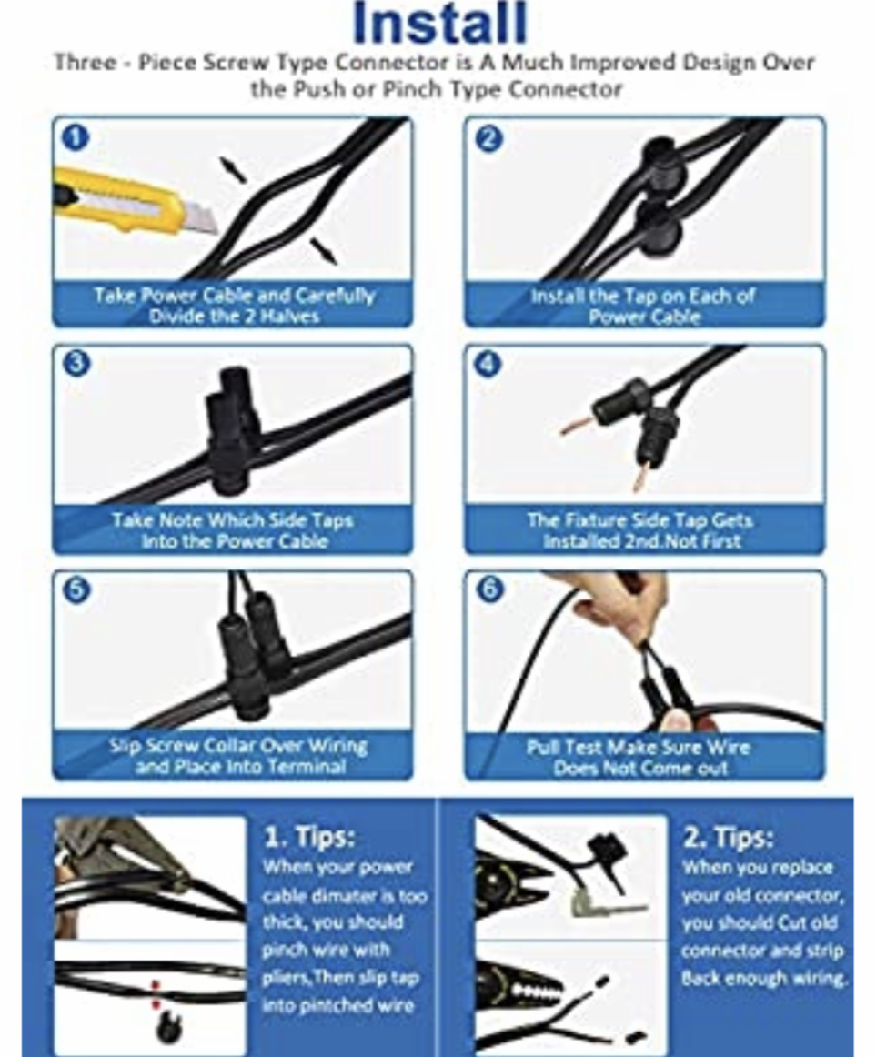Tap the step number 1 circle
pyautogui.click(x=76, y=137)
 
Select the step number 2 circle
pyautogui.click(x=488, y=138)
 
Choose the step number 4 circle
pyautogui.click(x=488, y=364)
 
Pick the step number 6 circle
pyautogui.click(x=489, y=589)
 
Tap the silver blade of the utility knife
pyautogui.click(x=202, y=218)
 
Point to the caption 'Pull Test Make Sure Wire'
pyautogui.click(x=644, y=757)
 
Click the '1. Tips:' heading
pyautogui.click(x=309, y=837)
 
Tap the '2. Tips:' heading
pyautogui.click(x=728, y=837)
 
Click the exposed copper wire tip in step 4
pyautogui.click(x=575, y=425)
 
